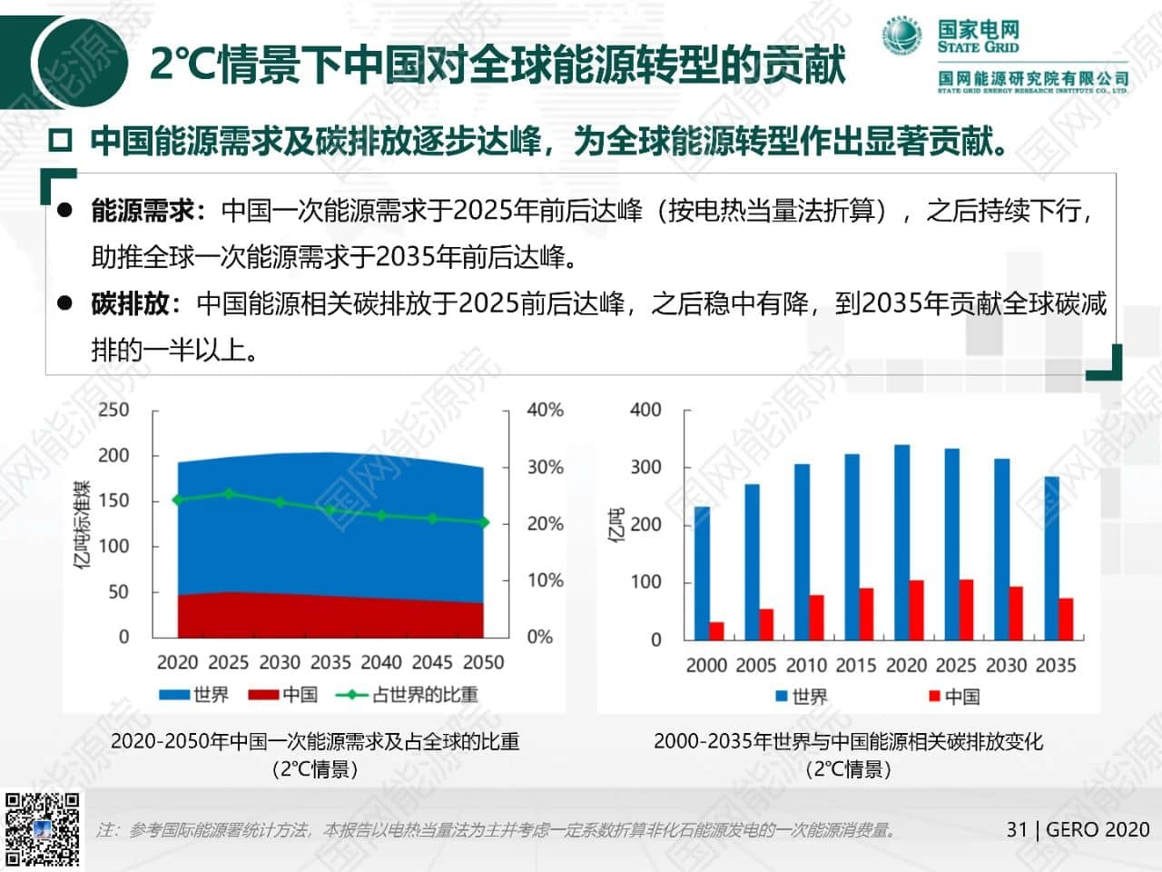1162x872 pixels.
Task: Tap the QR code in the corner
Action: pyautogui.click(x=42, y=828)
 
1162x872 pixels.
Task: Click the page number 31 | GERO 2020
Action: pyautogui.click(x=1078, y=829)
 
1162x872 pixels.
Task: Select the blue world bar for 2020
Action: pyautogui.click(x=901, y=541)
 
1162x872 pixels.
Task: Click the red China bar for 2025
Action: pyautogui.click(x=966, y=609)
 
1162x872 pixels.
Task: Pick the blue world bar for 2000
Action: pyautogui.click(x=702, y=572)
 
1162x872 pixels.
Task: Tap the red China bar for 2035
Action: pyautogui.click(x=1066, y=619)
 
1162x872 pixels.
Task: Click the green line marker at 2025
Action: pyautogui.click(x=229, y=494)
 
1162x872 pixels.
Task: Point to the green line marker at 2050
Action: pyautogui.click(x=484, y=522)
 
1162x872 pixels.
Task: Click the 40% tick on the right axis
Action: pyautogui.click(x=545, y=410)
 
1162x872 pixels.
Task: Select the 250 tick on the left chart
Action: pyautogui.click(x=113, y=410)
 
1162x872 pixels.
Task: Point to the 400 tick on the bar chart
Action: pyautogui.click(x=645, y=410)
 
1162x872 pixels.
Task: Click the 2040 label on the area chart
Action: pyautogui.click(x=381, y=662)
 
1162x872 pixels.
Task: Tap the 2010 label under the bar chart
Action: pyautogui.click(x=806, y=665)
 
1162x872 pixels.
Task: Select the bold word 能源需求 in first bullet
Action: pyautogui.click(x=143, y=211)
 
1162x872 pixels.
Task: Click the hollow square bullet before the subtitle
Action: pyautogui.click(x=60, y=141)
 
